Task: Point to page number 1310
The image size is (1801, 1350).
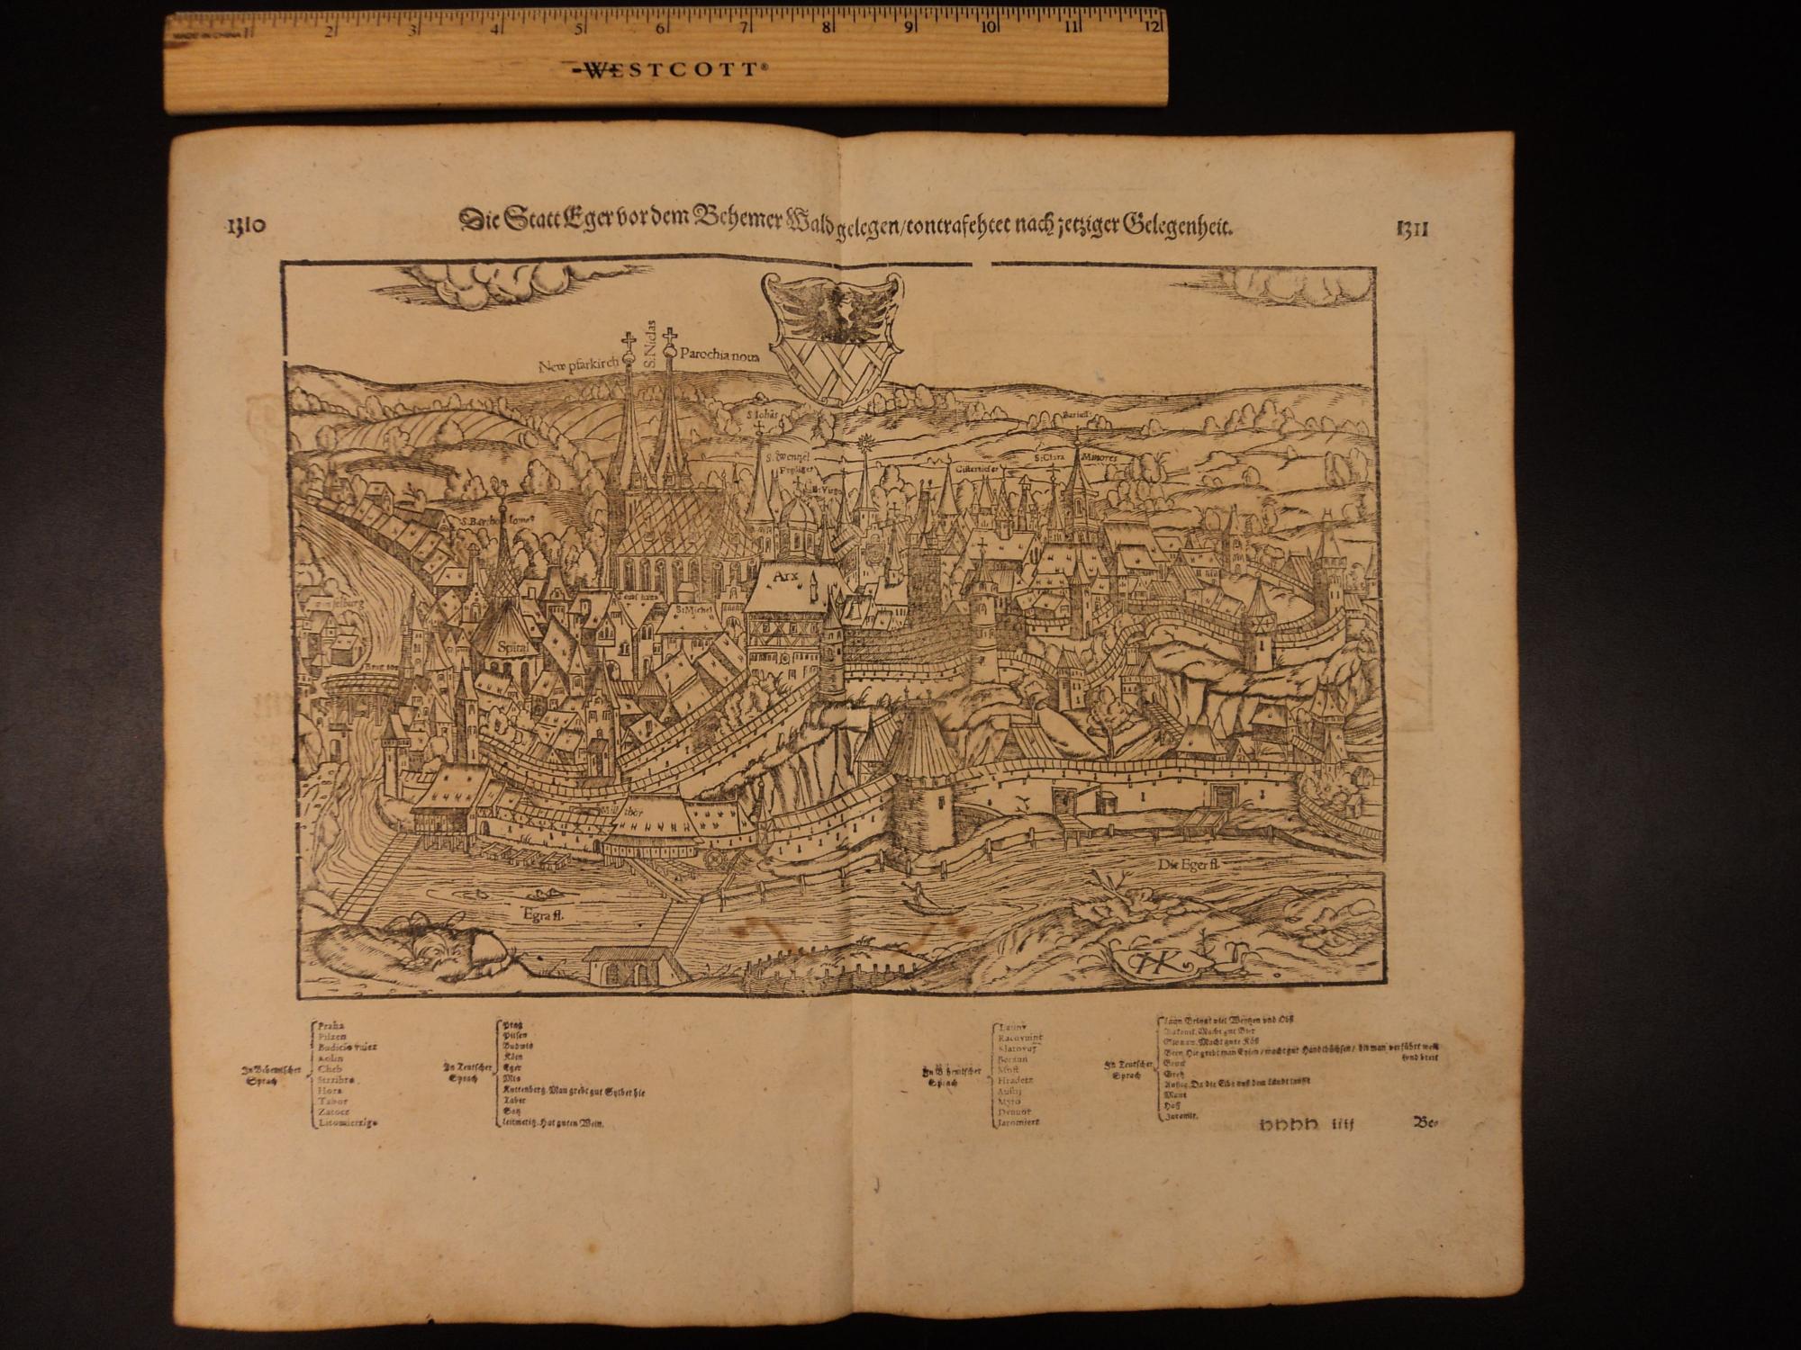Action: (x=243, y=225)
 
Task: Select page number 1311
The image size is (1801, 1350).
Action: (x=1413, y=228)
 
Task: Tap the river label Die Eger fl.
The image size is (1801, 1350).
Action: (x=1188, y=864)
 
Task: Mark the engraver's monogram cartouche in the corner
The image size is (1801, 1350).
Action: (x=1158, y=960)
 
